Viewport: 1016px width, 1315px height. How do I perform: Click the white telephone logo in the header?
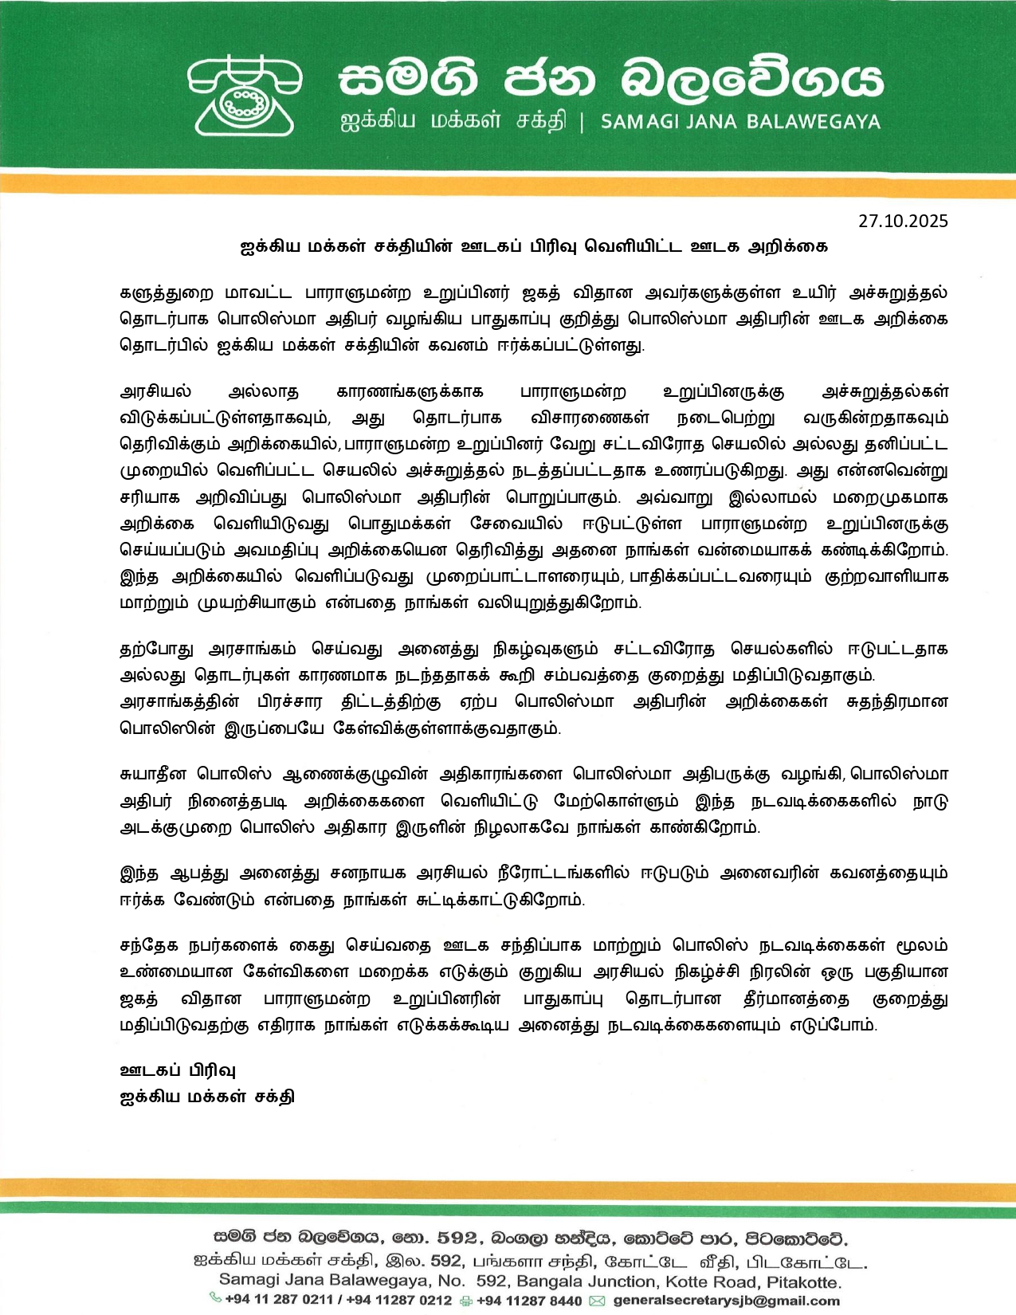pyautogui.click(x=245, y=95)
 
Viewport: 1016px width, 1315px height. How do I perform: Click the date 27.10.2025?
pyautogui.click(x=903, y=222)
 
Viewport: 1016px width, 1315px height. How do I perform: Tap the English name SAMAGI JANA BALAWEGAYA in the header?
pyautogui.click(x=740, y=122)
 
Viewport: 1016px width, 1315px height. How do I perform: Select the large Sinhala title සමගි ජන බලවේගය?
pyautogui.click(x=610, y=80)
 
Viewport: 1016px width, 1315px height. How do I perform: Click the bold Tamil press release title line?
pyautogui.click(x=534, y=246)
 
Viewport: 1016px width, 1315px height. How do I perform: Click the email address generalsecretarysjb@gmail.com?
pyautogui.click(x=726, y=1301)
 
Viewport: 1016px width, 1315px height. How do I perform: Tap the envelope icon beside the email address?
pyautogui.click(x=597, y=1301)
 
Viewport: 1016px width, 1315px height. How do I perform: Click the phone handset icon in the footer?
pyautogui.click(x=215, y=1299)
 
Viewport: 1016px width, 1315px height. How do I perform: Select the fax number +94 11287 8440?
pyautogui.click(x=529, y=1301)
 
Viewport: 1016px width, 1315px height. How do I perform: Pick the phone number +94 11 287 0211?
pyautogui.click(x=279, y=1300)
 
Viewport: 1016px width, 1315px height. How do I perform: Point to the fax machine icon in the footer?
pyautogui.click(x=466, y=1301)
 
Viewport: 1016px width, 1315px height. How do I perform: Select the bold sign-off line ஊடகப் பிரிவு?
pyautogui.click(x=177, y=1070)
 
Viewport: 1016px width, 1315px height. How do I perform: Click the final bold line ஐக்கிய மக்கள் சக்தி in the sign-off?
pyautogui.click(x=206, y=1096)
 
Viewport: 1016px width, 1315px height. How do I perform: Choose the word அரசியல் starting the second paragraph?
pyautogui.click(x=155, y=391)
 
